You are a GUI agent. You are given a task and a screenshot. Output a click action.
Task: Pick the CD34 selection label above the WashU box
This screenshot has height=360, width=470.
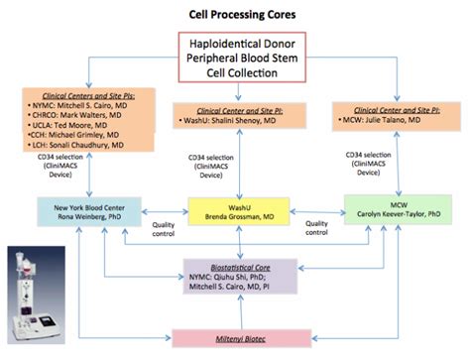[x=207, y=167]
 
